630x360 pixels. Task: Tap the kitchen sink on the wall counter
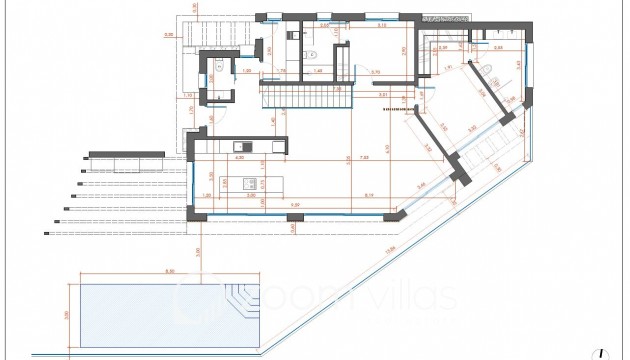[x=254, y=148]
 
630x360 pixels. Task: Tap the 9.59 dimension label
[x=422, y=186]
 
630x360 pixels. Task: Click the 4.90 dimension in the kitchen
[x=239, y=158]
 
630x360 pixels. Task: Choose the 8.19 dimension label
[x=369, y=194]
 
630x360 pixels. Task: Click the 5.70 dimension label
[x=376, y=73]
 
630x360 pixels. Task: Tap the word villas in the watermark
[x=421, y=296]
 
